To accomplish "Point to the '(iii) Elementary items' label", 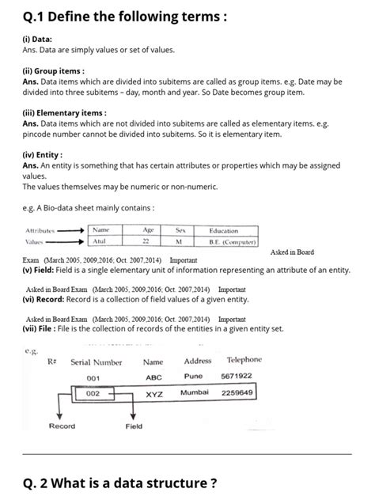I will point(64,112).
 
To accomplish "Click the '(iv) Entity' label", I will point(43,155).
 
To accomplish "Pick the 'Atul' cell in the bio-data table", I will point(99,241).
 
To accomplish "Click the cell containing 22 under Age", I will point(146,241).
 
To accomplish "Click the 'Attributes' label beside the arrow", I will point(40,230).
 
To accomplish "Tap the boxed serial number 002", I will point(93,393).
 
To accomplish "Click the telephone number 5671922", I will point(237,377).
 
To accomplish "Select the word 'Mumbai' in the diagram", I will point(194,392).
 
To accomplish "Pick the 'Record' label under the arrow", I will point(62,426).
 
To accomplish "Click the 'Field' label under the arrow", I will point(134,426).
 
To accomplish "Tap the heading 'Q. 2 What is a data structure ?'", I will point(119,482).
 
